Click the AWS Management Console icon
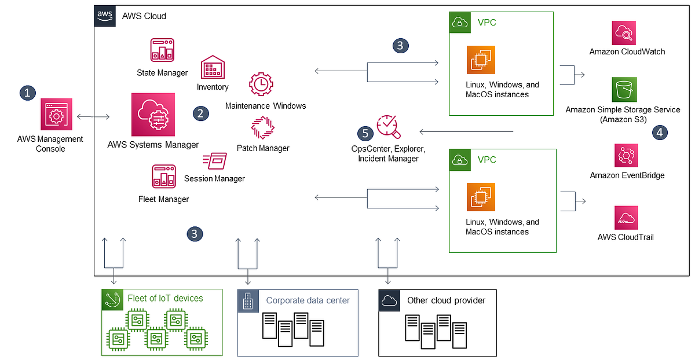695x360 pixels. pos(56,114)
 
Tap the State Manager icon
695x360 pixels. pos(162,51)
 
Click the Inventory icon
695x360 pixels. pos(212,68)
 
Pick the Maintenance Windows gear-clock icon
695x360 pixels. pos(261,85)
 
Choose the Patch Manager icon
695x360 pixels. pos(262,127)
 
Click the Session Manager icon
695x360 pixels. pos(214,161)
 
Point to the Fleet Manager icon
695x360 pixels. pos(163,177)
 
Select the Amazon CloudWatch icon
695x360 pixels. pos(624,32)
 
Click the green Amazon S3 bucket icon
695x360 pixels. pos(624,90)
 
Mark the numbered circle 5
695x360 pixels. pos(365,134)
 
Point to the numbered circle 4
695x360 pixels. pos(659,133)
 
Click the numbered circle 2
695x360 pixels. pos(200,113)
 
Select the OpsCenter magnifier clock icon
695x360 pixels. pos(387,127)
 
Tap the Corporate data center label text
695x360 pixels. pos(308,300)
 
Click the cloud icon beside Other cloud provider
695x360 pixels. pos(389,300)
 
